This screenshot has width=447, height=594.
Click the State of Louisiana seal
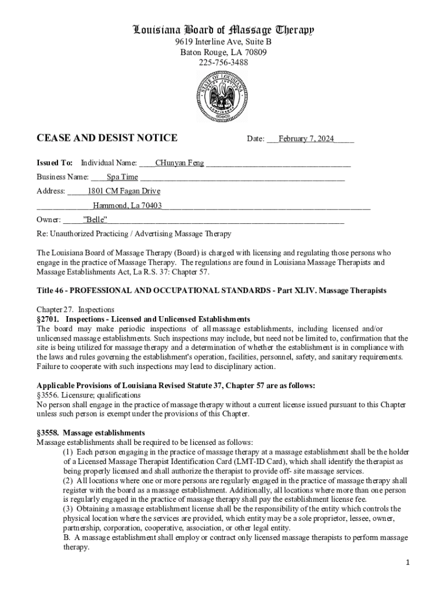[223, 96]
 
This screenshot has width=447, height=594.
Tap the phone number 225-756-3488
[223, 62]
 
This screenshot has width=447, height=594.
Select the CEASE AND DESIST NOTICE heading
[107, 138]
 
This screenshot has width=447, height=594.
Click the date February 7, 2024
[306, 139]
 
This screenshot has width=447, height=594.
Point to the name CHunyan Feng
[179, 163]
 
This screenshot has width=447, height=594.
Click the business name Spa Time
[122, 177]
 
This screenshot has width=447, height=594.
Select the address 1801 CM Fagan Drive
[124, 191]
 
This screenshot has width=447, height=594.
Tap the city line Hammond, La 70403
[127, 205]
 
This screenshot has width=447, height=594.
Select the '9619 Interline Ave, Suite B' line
[223, 42]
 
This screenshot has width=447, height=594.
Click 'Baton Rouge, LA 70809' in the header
[223, 52]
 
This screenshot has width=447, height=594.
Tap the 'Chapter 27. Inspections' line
[75, 310]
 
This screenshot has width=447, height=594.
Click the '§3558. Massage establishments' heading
[91, 433]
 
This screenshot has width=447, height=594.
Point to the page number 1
[408, 563]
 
